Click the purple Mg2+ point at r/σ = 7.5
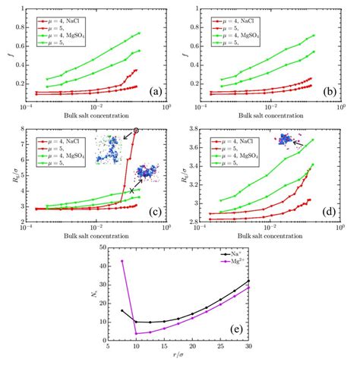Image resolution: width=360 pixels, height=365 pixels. point(122,261)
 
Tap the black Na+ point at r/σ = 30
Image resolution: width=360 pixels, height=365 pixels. point(248,281)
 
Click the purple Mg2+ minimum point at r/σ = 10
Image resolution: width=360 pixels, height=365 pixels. point(136,334)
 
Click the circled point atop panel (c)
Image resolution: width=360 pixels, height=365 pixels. point(136,131)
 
